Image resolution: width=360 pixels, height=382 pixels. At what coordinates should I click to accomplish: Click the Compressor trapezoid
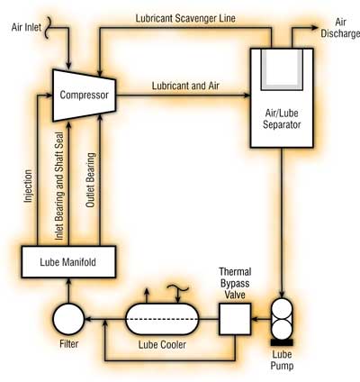pyautogui.click(x=84, y=95)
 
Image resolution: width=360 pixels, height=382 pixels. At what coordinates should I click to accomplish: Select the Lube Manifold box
pyautogui.click(x=68, y=262)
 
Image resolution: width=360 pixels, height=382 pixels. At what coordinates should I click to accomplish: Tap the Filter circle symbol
pyautogui.click(x=68, y=319)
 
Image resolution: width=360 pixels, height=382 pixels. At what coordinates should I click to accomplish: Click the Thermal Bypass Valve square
pyautogui.click(x=235, y=319)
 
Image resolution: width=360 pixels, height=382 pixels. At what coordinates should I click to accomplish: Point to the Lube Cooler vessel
pyautogui.click(x=162, y=319)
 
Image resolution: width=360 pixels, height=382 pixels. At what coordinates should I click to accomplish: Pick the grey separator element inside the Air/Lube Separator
pyautogui.click(x=282, y=69)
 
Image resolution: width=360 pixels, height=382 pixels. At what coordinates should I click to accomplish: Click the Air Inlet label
pyautogui.click(x=26, y=27)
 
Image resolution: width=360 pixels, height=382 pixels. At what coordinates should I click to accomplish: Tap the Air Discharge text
pyautogui.click(x=340, y=28)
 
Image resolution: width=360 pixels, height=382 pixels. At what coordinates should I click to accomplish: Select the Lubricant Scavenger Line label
pyautogui.click(x=185, y=18)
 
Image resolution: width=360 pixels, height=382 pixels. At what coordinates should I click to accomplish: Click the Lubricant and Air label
pyautogui.click(x=185, y=86)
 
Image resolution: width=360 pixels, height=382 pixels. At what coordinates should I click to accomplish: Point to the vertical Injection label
pyautogui.click(x=28, y=186)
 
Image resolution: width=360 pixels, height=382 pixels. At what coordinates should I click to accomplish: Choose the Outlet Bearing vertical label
pyautogui.click(x=90, y=180)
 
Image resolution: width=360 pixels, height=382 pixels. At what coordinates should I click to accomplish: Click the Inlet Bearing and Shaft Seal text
pyautogui.click(x=59, y=186)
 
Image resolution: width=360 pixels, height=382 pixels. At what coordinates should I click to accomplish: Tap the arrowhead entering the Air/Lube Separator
pyautogui.click(x=247, y=95)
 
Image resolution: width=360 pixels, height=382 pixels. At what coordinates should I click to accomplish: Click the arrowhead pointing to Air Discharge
pyautogui.click(x=314, y=28)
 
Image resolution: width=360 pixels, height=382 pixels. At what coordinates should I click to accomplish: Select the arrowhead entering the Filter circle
pyautogui.click(x=89, y=319)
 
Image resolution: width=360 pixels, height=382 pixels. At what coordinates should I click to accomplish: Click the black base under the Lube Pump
pyautogui.click(x=282, y=342)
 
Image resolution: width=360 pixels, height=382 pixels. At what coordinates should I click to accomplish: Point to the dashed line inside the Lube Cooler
pyautogui.click(x=162, y=319)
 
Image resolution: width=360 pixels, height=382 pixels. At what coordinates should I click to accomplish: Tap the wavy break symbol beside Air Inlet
pyautogui.click(x=47, y=28)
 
